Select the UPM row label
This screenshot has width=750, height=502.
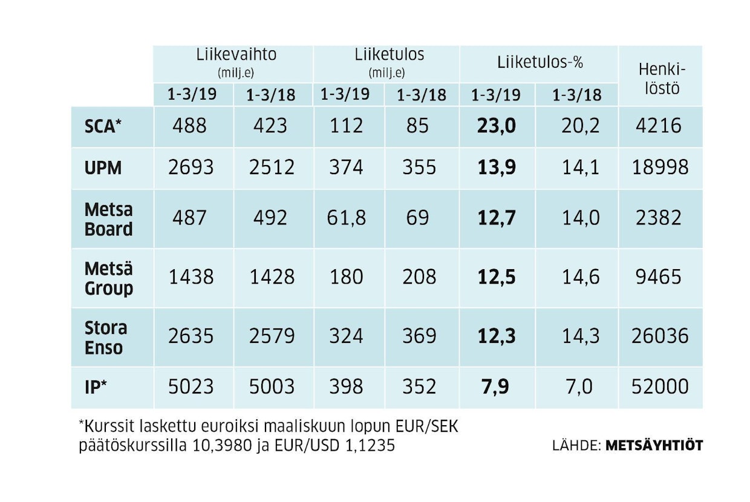103,168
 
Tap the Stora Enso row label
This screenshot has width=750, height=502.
106,337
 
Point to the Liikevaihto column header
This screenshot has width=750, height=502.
236,54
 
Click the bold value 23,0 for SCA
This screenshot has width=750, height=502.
496,126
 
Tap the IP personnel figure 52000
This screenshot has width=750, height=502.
660,386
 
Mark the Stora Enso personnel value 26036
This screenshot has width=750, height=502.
660,336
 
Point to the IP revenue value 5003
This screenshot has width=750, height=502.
271,386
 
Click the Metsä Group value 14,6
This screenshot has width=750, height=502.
581,277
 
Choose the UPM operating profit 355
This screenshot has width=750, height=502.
419,168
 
